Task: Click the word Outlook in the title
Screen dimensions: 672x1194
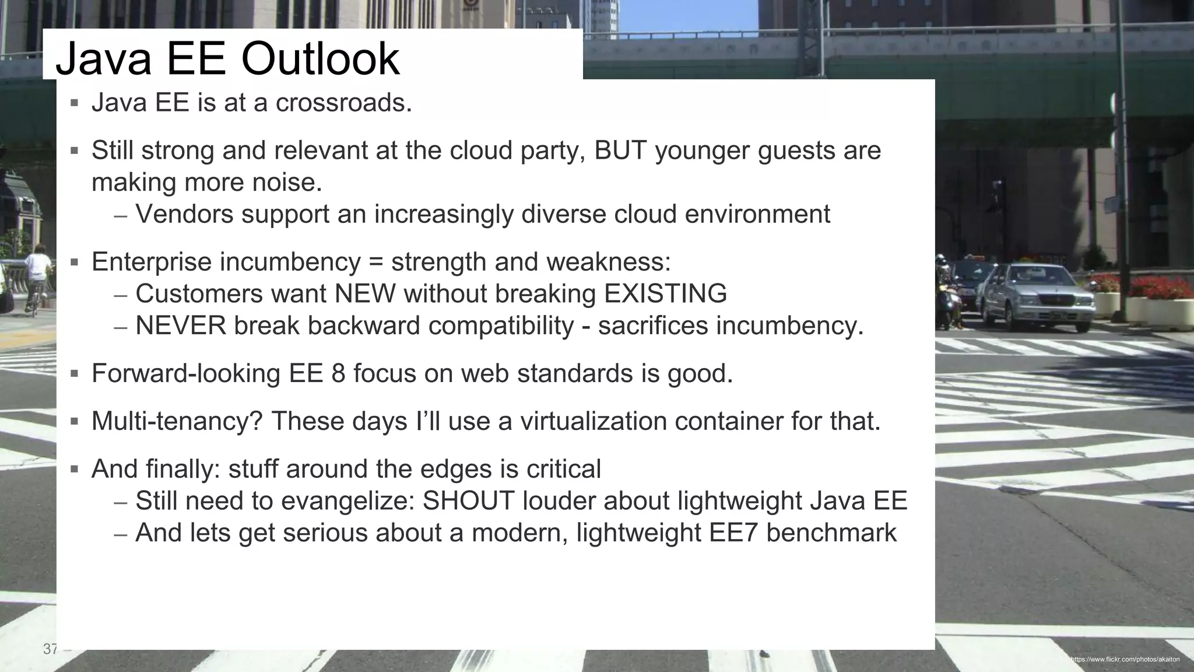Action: click(320, 59)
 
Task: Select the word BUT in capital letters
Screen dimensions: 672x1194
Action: click(620, 150)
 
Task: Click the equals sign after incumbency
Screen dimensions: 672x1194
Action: click(376, 262)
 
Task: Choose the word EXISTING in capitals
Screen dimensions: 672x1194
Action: click(665, 293)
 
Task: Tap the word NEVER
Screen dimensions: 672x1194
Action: click(181, 325)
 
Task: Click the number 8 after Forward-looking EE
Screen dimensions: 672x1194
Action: click(338, 373)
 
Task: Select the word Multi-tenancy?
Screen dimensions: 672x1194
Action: click(177, 421)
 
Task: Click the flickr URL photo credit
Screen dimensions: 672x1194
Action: click(1125, 659)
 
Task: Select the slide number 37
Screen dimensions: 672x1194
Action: click(51, 649)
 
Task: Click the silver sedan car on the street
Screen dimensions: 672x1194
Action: click(1038, 295)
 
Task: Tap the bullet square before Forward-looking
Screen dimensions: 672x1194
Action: click(74, 373)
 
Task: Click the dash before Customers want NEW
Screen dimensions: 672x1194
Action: click(121, 295)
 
